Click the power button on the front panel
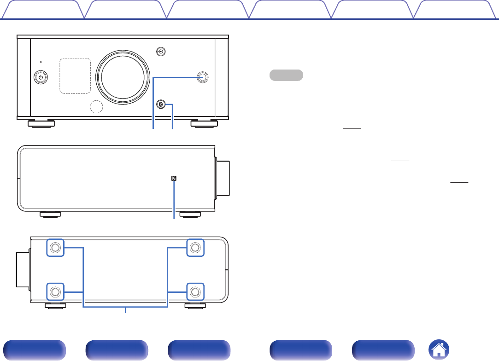[x=41, y=77]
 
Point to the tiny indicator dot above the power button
[x=41, y=62]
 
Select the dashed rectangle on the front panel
[x=75, y=76]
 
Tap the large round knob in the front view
[x=123, y=77]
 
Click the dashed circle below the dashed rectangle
[x=96, y=106]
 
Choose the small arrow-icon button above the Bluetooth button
[x=160, y=52]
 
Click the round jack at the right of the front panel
[x=202, y=77]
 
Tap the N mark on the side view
[x=174, y=179]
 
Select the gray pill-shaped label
[x=286, y=75]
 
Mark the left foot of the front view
[x=40, y=123]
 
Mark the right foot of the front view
[x=205, y=123]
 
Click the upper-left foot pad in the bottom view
[x=55, y=248]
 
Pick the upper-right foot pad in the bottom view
[x=195, y=248]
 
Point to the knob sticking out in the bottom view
[x=23, y=270]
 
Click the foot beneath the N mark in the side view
[x=190, y=214]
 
